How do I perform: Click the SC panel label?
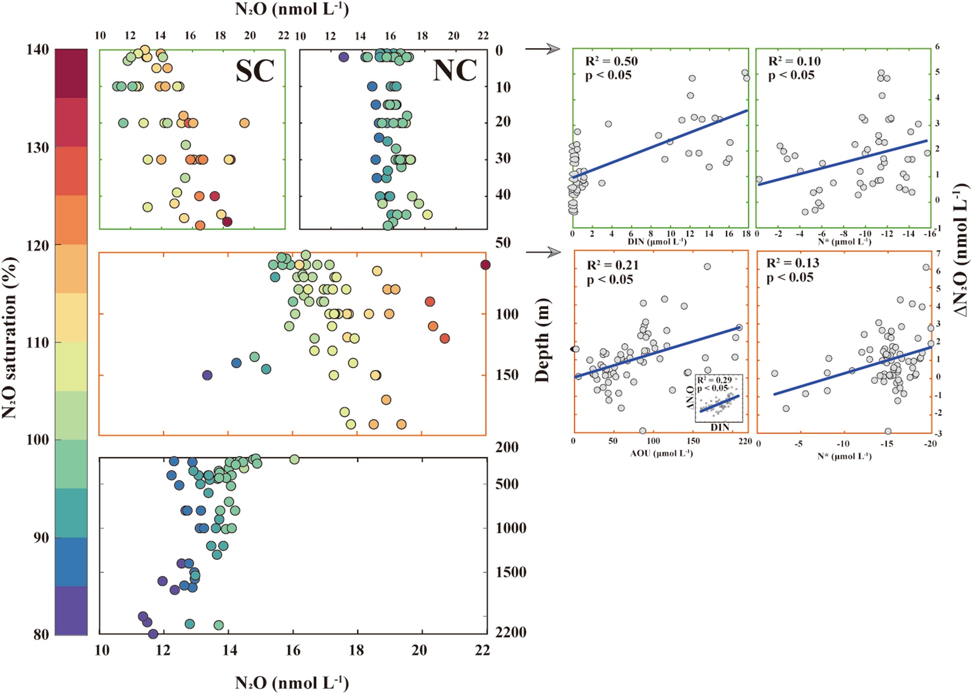click(255, 71)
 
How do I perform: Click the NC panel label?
click(455, 71)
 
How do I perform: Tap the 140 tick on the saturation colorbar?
click(37, 50)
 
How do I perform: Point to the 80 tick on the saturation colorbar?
click(41, 634)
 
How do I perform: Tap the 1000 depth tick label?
click(511, 528)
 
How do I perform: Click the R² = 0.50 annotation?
click(611, 61)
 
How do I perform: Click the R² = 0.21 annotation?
click(613, 265)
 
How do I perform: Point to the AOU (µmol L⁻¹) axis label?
click(661, 453)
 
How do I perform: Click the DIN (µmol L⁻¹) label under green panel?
click(657, 242)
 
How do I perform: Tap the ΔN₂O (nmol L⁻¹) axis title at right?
click(960, 250)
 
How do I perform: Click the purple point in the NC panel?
click(343, 57)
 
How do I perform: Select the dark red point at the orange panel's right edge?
click(485, 265)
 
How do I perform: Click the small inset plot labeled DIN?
click(719, 398)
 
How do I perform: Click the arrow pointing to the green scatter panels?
click(543, 49)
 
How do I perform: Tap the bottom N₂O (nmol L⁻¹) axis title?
click(292, 683)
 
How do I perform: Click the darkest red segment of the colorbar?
click(71, 73)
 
